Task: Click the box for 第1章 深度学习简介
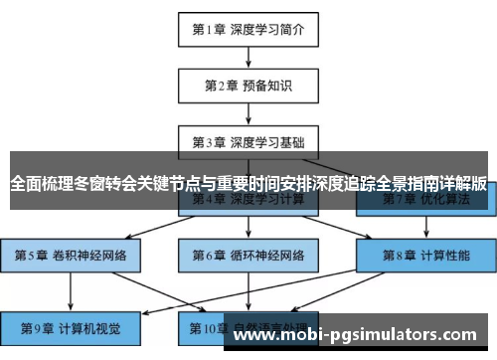[x=248, y=30]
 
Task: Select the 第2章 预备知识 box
[x=248, y=86]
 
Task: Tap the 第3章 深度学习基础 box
[x=248, y=141]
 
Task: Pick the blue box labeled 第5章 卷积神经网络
[x=71, y=255]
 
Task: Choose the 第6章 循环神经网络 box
[x=248, y=255]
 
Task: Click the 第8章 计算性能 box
[x=424, y=255]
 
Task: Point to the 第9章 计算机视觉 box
[x=71, y=327]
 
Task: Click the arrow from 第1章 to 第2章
[x=248, y=58]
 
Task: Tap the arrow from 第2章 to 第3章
[x=248, y=113]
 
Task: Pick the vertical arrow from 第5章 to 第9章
[x=71, y=290]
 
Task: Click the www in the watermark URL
[x=253, y=336]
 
